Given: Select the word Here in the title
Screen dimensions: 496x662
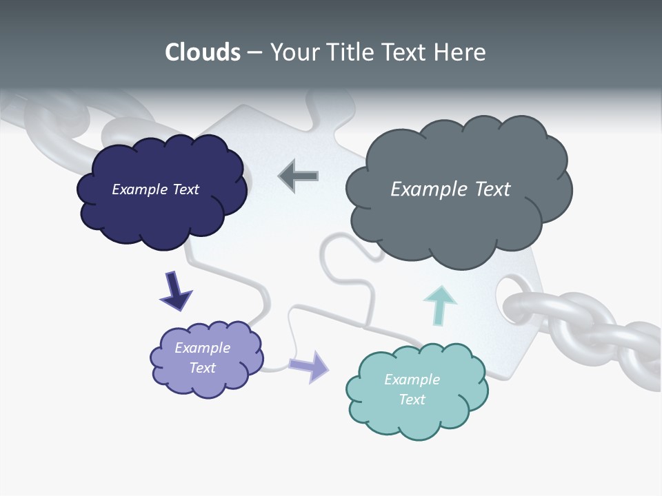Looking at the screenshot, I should point(461,52).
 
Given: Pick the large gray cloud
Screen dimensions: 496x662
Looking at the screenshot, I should point(459,220).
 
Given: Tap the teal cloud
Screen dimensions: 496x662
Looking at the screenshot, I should point(417,413).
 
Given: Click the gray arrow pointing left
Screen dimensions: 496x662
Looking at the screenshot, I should point(298,176).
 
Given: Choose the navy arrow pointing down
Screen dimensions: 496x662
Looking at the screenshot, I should point(175,291).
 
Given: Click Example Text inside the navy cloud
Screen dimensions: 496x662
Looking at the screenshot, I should point(155,189).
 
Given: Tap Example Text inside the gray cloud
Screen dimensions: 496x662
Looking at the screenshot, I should point(450,189).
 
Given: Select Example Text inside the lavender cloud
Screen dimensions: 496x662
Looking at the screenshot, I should point(202,358).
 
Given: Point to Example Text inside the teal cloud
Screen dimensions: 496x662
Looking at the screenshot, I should point(412,389).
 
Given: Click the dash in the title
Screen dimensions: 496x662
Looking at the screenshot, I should point(254,53).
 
